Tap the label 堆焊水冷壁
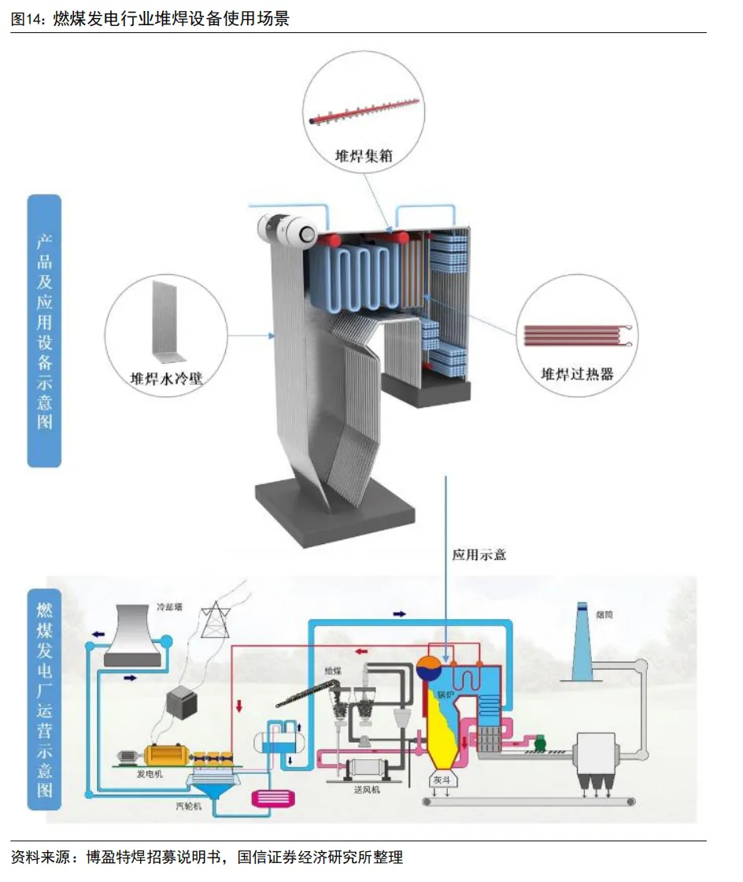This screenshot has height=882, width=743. click(167, 378)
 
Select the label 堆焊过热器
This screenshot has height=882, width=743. click(577, 374)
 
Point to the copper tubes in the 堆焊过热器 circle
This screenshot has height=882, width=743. click(575, 336)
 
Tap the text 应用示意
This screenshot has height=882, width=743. click(479, 554)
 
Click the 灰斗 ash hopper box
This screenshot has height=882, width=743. click(440, 780)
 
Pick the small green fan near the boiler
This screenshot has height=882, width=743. click(539, 743)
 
